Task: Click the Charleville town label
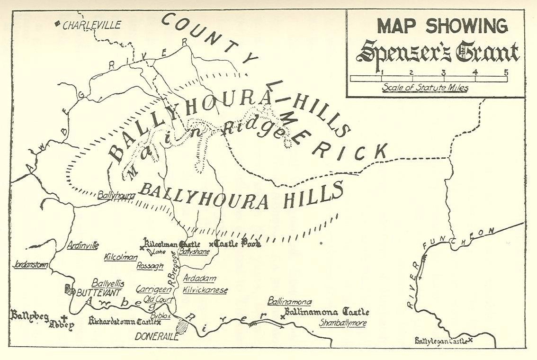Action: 91,25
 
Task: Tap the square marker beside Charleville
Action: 57,23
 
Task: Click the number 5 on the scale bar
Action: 506,72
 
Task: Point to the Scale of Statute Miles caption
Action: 425,88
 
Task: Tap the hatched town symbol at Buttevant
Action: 70,289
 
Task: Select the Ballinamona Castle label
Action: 326,312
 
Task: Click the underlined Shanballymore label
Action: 342,323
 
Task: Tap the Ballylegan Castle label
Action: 441,341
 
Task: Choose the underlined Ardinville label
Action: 83,245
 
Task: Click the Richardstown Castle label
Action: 123,322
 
